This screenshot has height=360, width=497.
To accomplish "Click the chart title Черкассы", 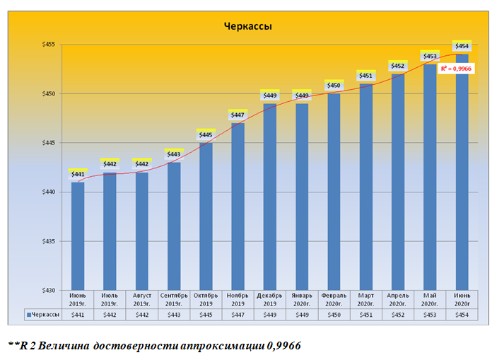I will [x=248, y=28].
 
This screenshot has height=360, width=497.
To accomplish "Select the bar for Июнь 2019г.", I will [x=78, y=236].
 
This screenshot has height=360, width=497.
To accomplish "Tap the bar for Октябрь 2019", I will [x=206, y=216].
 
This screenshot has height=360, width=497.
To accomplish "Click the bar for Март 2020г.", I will [x=366, y=187].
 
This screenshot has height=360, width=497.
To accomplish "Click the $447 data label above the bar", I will [x=238, y=115].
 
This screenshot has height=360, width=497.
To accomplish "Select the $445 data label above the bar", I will [x=206, y=134].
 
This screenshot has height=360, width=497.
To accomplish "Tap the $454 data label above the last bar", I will [x=462, y=46].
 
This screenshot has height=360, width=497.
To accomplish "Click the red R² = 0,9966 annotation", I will [x=456, y=69].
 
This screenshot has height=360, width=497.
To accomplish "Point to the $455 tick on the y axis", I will [x=49, y=45].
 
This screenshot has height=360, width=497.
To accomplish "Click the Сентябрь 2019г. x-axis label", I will [x=174, y=298].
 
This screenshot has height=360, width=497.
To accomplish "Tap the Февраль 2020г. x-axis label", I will [x=334, y=298].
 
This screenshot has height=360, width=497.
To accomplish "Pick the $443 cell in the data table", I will [x=174, y=315].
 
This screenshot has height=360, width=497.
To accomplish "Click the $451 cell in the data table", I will [x=366, y=315].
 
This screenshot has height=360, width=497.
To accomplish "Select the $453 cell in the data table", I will [x=430, y=315].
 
